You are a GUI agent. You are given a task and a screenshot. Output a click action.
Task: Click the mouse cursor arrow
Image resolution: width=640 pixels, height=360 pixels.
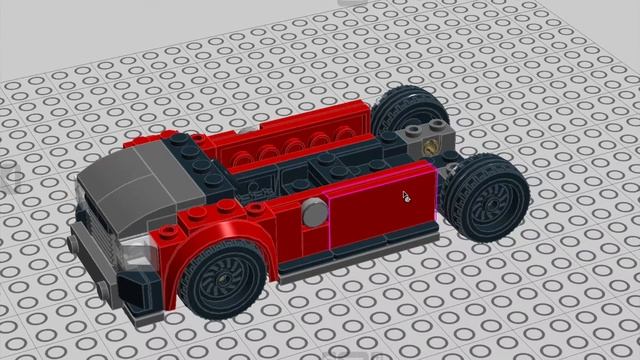[x=406, y=196]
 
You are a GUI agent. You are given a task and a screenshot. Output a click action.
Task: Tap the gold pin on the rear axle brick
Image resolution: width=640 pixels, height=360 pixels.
[x=431, y=143]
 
